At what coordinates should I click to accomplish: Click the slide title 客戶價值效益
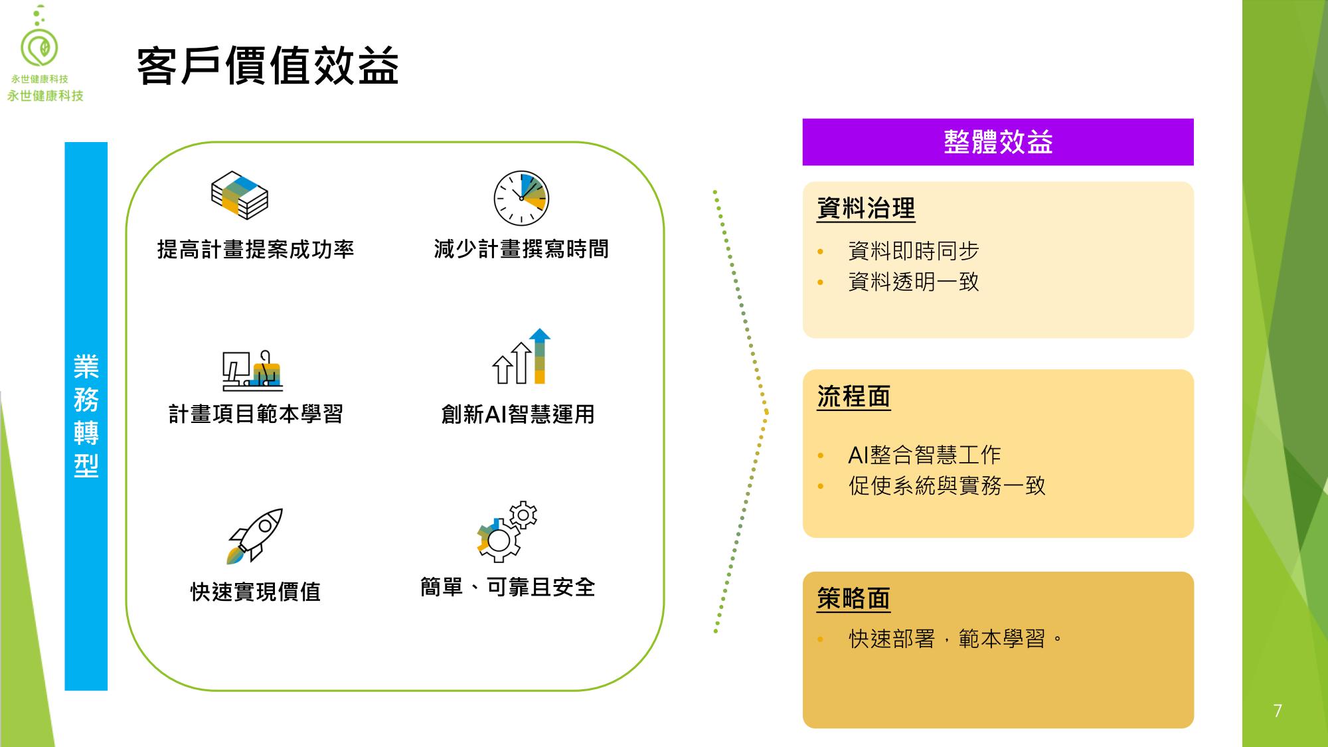click(268, 66)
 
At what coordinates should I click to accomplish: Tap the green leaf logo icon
click(40, 47)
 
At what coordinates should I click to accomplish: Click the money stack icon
click(239, 195)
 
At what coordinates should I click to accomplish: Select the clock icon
click(521, 199)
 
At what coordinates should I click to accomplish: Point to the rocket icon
click(256, 536)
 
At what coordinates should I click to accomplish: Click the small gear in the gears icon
click(523, 515)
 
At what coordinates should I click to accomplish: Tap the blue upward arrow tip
click(540, 335)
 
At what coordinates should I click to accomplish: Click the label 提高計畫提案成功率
click(256, 250)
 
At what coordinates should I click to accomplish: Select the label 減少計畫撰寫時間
click(521, 250)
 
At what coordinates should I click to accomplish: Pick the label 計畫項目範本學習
click(256, 414)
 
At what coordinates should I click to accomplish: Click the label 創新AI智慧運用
click(518, 414)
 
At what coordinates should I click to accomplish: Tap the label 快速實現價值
click(256, 592)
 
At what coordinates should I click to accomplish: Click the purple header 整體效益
click(998, 142)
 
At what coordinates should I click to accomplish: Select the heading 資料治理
click(866, 208)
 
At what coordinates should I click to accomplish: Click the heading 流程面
click(854, 397)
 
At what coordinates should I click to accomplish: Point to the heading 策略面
click(854, 599)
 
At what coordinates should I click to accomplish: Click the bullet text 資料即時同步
click(914, 251)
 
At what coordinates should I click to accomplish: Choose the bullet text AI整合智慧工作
click(924, 455)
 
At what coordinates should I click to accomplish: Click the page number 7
click(1278, 711)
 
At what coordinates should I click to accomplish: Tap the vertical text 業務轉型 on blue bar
click(86, 416)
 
